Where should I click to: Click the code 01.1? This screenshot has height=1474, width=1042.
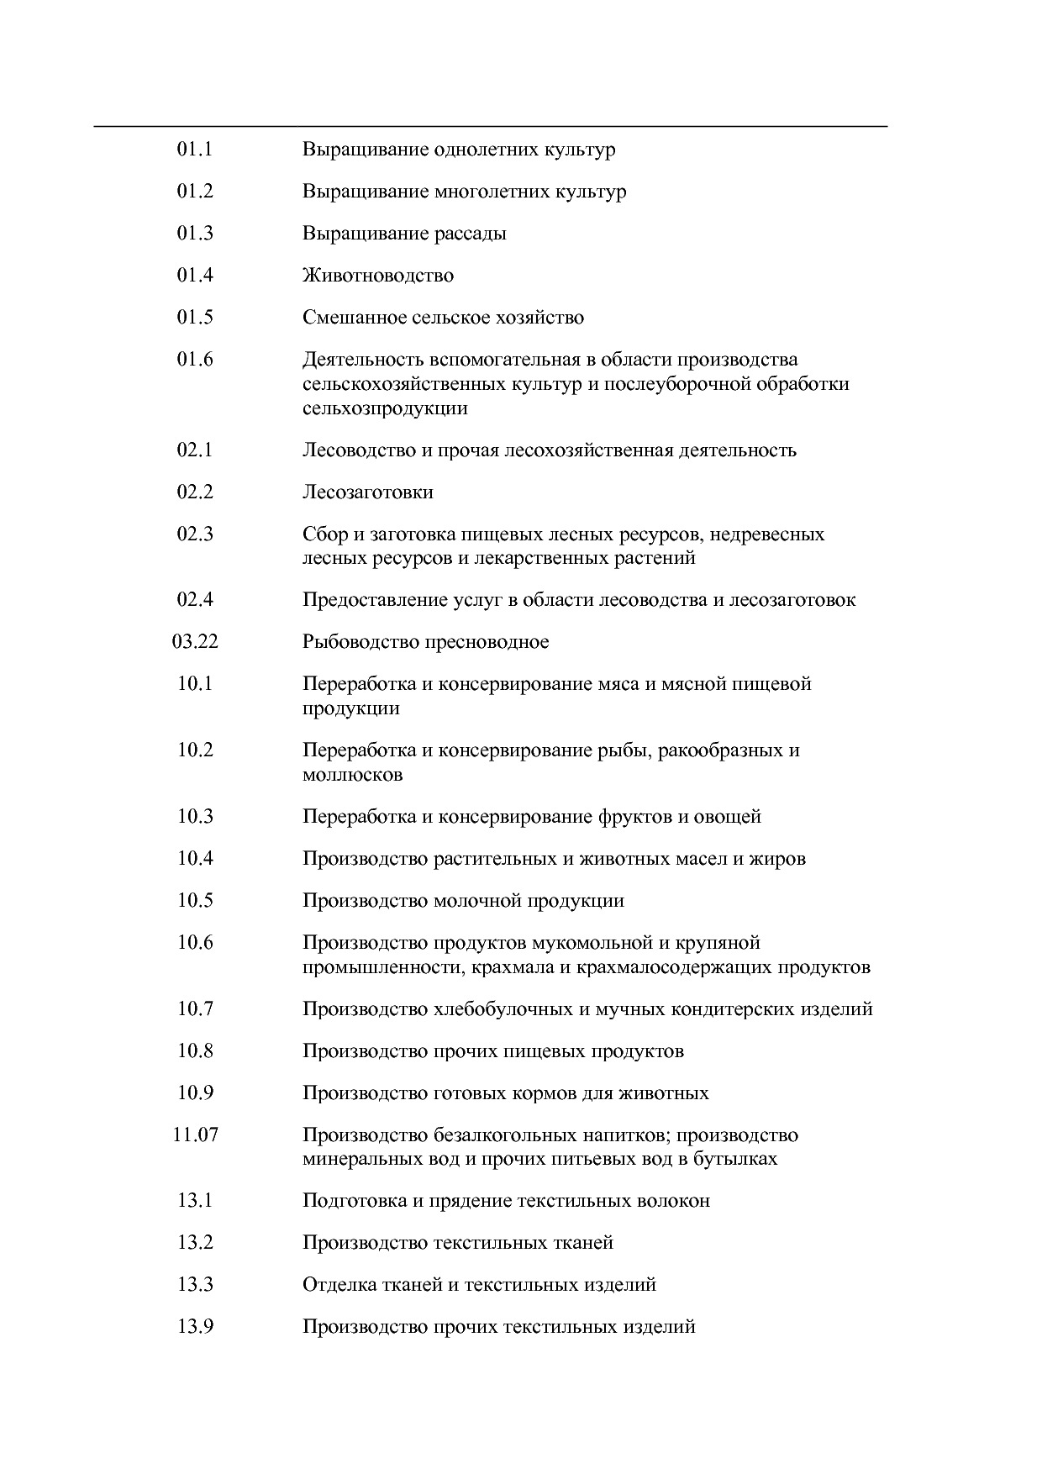click(195, 150)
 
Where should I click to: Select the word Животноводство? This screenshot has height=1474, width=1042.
click(378, 276)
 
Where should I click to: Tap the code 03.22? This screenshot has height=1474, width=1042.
click(195, 642)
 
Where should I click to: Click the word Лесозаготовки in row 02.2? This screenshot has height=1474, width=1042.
click(368, 492)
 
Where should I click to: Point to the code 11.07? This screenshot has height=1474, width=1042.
click(195, 1135)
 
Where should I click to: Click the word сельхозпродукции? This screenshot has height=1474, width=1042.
click(385, 408)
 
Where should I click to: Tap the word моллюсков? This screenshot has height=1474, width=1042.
click(352, 775)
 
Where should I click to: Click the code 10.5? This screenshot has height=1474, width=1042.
click(195, 901)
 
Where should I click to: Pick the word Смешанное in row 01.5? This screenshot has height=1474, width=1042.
click(354, 318)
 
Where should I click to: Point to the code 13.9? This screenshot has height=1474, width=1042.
click(195, 1327)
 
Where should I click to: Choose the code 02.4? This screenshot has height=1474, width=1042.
click(195, 600)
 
